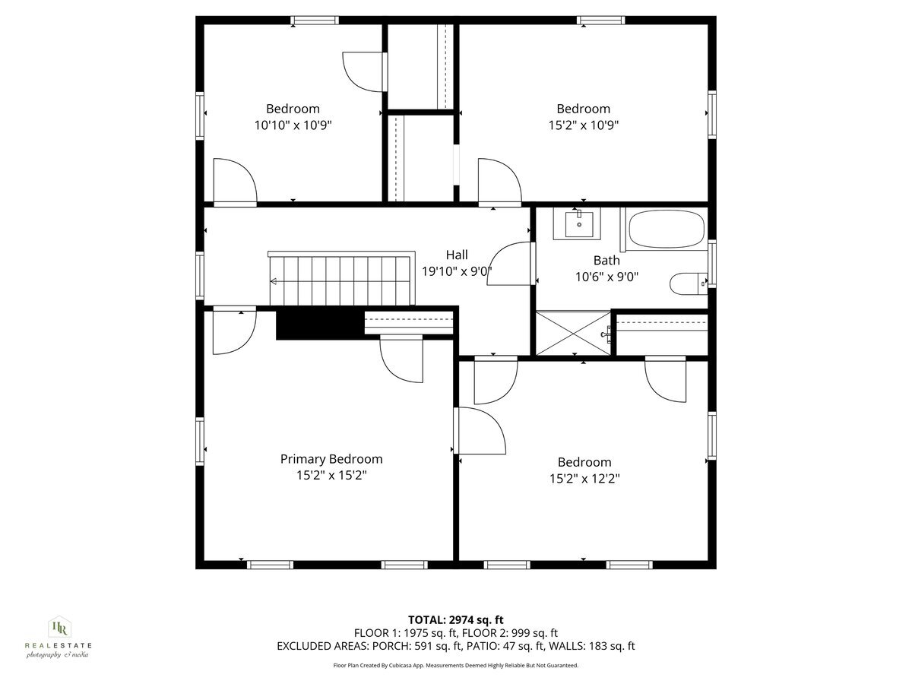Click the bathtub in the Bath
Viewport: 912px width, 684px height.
[x=666, y=230]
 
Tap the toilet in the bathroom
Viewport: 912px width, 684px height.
[x=689, y=283]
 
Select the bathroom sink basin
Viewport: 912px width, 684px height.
[x=579, y=223]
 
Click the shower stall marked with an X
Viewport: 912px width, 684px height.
[x=573, y=333]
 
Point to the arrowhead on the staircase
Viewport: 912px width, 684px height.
[x=273, y=281]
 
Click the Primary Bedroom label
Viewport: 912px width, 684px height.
[x=331, y=459]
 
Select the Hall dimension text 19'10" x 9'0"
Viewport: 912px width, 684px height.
[x=457, y=271]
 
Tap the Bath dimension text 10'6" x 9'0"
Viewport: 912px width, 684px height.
[x=606, y=277]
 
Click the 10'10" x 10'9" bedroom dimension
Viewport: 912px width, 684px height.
[x=293, y=125]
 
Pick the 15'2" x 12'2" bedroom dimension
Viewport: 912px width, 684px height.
[x=584, y=479]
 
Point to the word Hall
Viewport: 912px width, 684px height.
[x=457, y=255]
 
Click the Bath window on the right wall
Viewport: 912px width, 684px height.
[x=711, y=263]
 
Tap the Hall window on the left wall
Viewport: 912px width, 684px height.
[x=200, y=275]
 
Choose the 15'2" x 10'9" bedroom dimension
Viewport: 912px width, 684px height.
[x=584, y=125]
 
